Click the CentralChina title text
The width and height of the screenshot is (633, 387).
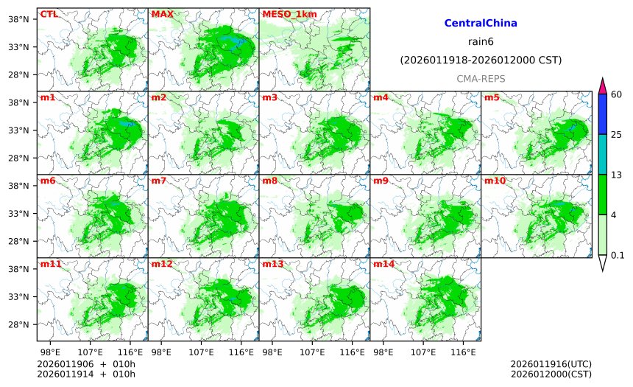[x=481, y=24]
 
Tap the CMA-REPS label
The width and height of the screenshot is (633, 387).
[x=481, y=78]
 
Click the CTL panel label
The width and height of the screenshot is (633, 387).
[x=49, y=14]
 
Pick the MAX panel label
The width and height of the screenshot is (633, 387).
[x=162, y=14]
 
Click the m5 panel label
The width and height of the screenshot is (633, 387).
[x=492, y=97]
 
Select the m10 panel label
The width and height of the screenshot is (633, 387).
[x=495, y=181]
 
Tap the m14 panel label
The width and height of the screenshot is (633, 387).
[x=383, y=264]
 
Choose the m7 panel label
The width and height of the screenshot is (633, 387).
[x=159, y=181]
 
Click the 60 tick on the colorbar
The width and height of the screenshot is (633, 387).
[x=616, y=94]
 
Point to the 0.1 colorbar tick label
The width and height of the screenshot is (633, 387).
[x=618, y=256]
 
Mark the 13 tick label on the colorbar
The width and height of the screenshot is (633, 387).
[x=616, y=175]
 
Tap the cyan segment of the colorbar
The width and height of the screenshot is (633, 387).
[x=602, y=154]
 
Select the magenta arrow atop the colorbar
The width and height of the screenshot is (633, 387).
[x=602, y=86]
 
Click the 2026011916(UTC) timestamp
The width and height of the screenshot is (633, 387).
[x=551, y=364]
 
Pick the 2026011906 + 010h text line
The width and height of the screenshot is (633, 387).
[x=81, y=364]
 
